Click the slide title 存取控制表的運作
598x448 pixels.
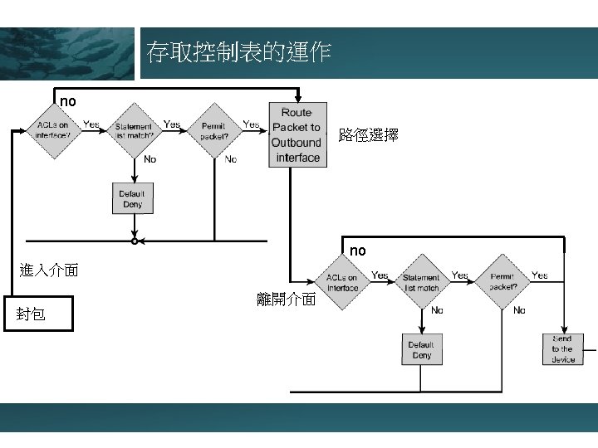(x=238, y=53)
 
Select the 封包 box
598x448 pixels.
(x=38, y=314)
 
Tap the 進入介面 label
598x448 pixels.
(x=49, y=270)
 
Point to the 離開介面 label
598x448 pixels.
(x=287, y=299)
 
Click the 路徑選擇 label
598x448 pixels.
(x=368, y=134)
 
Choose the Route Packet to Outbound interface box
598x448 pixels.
(x=297, y=134)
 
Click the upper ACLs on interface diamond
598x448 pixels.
(x=53, y=129)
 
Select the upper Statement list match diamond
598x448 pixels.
(x=134, y=129)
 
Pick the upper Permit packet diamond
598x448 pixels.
(x=214, y=129)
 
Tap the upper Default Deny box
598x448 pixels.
(x=133, y=198)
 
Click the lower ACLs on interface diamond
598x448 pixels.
(x=342, y=282)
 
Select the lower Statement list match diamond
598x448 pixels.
(x=421, y=282)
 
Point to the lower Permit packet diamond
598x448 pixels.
(x=503, y=282)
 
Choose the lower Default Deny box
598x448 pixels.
(x=421, y=349)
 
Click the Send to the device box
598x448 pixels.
(x=562, y=349)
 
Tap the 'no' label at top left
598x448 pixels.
(x=68, y=101)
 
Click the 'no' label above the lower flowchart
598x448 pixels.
(x=357, y=251)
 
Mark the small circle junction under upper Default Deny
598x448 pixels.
(x=134, y=241)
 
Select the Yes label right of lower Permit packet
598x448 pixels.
(x=539, y=275)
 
